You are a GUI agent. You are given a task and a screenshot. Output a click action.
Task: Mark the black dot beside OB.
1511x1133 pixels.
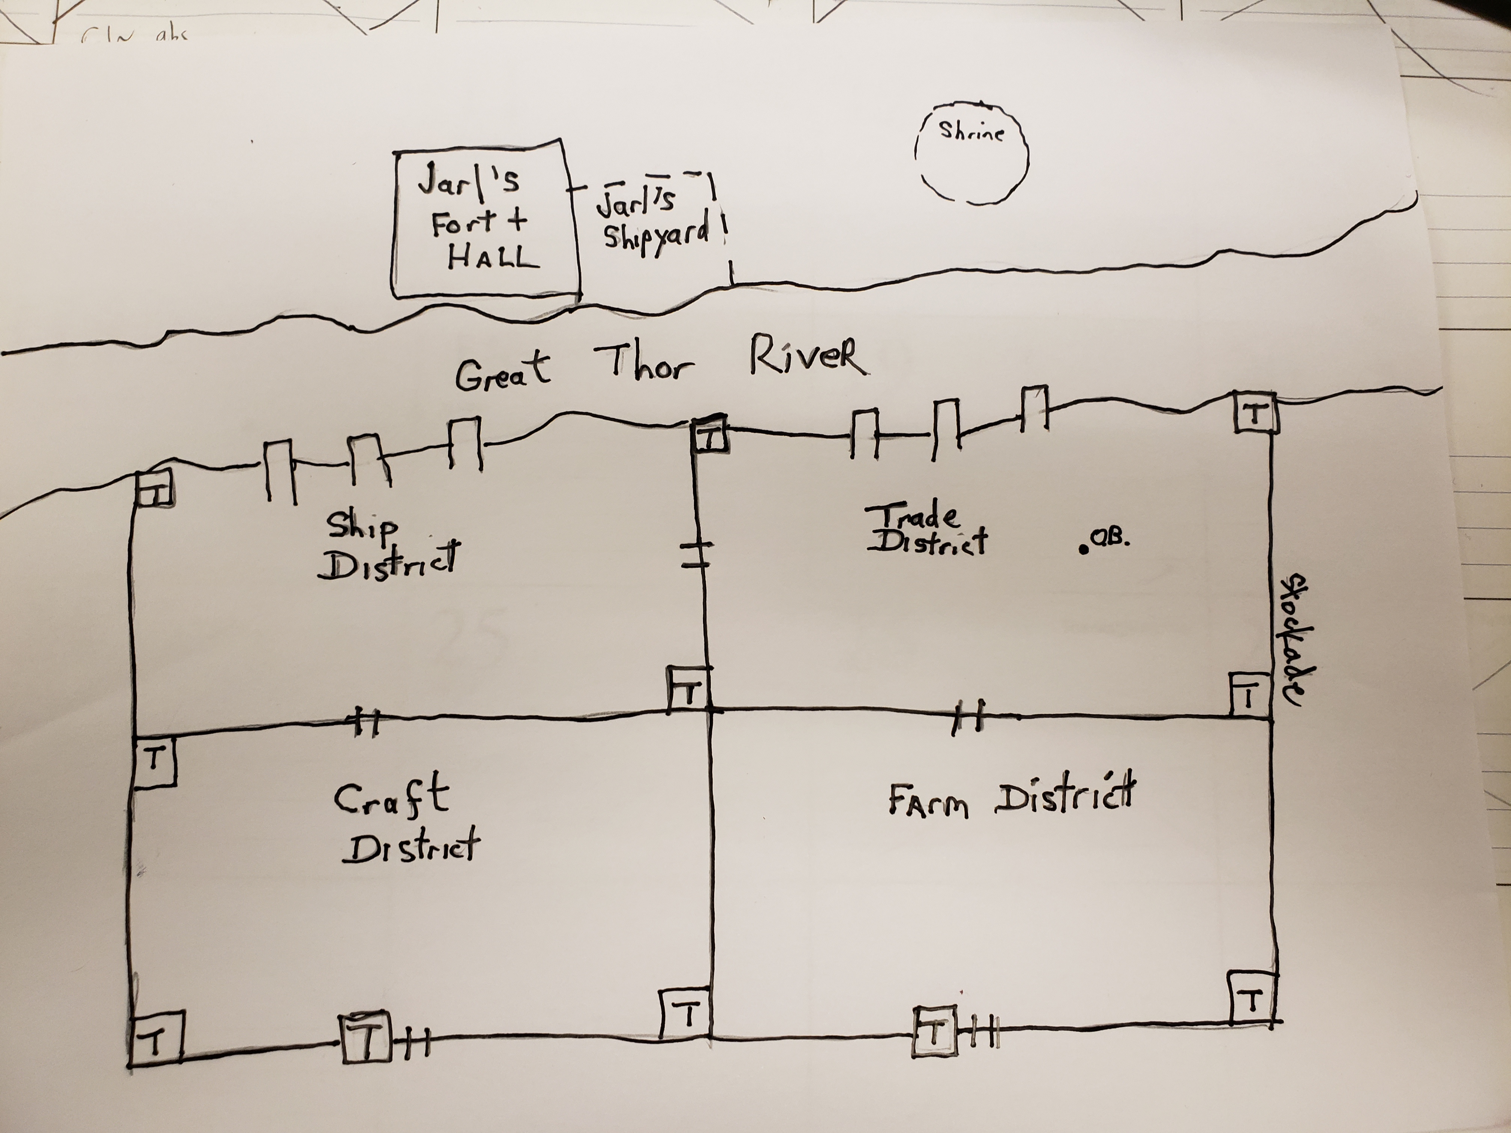[x=1084, y=549]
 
